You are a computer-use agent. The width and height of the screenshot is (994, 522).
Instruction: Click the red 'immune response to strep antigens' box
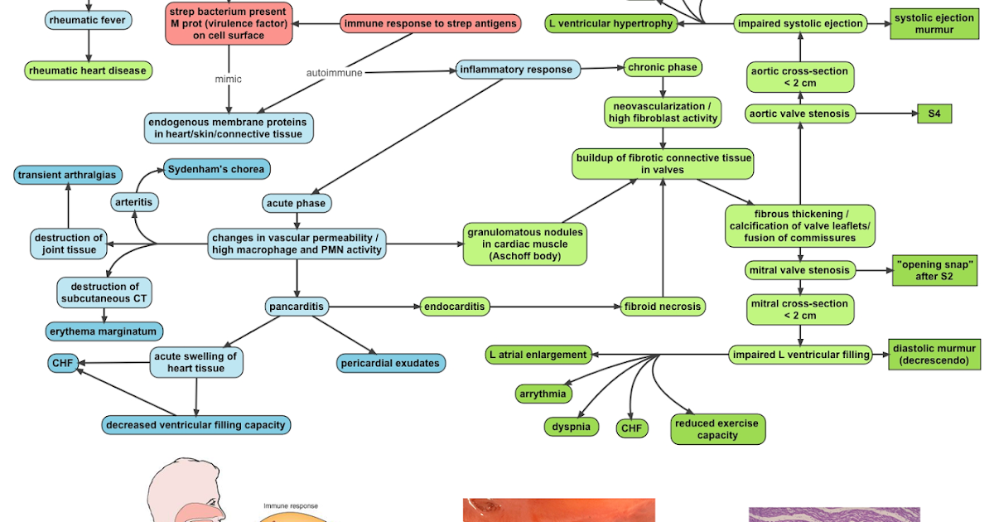pyautogui.click(x=431, y=23)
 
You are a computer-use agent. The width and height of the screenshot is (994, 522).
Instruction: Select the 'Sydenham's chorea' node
pyautogui.click(x=216, y=169)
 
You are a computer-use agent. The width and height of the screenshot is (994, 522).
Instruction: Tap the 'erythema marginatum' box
pyautogui.click(x=104, y=331)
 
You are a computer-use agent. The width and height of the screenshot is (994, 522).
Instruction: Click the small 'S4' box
pyautogui.click(x=934, y=114)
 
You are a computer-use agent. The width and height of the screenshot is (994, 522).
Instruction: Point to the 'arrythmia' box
pyautogui.click(x=543, y=394)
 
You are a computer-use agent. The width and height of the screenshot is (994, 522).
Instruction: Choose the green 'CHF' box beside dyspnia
pyautogui.click(x=632, y=428)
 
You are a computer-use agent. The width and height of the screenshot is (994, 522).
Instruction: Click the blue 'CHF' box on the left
pyautogui.click(x=63, y=363)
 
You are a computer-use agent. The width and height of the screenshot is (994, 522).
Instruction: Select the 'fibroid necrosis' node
pyautogui.click(x=663, y=307)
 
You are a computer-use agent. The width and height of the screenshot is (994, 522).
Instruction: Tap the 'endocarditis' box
pyautogui.click(x=455, y=307)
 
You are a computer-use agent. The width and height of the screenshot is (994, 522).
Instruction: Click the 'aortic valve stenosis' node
pyautogui.click(x=799, y=114)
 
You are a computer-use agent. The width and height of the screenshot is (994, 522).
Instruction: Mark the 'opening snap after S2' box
pyautogui.click(x=934, y=270)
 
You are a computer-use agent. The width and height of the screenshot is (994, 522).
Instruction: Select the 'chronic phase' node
pyautogui.click(x=663, y=67)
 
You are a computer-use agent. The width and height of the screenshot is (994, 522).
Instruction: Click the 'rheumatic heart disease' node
pyautogui.click(x=88, y=70)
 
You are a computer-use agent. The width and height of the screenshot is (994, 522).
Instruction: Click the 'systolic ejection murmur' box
pyautogui.click(x=934, y=24)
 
